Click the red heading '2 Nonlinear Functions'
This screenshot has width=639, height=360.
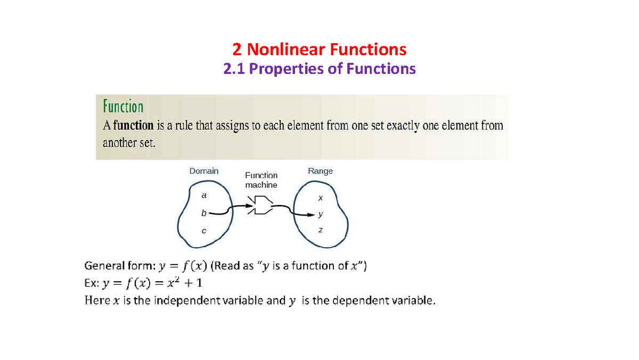[319, 50]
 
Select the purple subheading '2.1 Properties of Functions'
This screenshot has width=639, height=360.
[319, 69]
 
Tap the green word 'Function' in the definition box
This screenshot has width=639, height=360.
[122, 107]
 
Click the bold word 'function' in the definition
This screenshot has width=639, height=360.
[133, 126]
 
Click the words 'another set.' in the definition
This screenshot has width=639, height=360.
[128, 143]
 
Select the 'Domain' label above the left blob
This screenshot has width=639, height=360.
[204, 171]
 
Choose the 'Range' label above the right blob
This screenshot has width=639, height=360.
[320, 171]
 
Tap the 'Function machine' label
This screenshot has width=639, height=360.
[261, 180]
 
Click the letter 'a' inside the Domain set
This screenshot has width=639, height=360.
[203, 195]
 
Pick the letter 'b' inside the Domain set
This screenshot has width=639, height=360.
[203, 213]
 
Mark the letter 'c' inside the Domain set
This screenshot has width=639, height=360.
[203, 231]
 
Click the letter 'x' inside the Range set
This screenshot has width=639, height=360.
[320, 198]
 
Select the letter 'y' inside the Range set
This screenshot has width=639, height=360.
[320, 215]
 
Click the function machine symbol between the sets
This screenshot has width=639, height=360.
[261, 205]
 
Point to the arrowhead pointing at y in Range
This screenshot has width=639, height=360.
[312, 215]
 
